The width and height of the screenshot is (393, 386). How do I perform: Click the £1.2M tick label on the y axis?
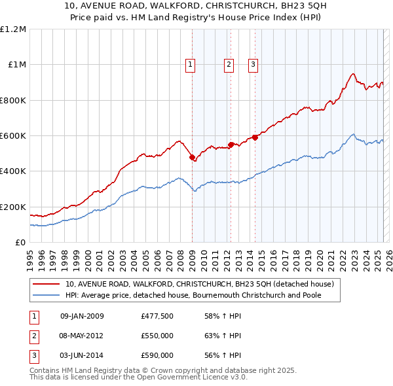click(x=13, y=29)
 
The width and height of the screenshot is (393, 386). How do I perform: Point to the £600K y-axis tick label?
click(x=13, y=135)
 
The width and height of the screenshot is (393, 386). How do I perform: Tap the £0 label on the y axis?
click(x=20, y=242)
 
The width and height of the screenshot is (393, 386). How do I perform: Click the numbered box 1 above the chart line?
click(x=190, y=64)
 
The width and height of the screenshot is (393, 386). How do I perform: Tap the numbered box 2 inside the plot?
click(x=229, y=64)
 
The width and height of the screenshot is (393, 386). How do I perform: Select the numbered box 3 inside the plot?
click(x=253, y=64)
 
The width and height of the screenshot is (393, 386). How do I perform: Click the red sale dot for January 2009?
click(x=192, y=157)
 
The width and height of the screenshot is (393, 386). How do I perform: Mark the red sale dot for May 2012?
click(x=231, y=145)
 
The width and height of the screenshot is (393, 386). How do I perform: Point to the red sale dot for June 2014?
click(x=255, y=137)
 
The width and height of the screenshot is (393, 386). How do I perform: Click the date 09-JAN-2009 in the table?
click(x=82, y=317)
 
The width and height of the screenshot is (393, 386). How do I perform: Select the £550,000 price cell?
click(x=157, y=336)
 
